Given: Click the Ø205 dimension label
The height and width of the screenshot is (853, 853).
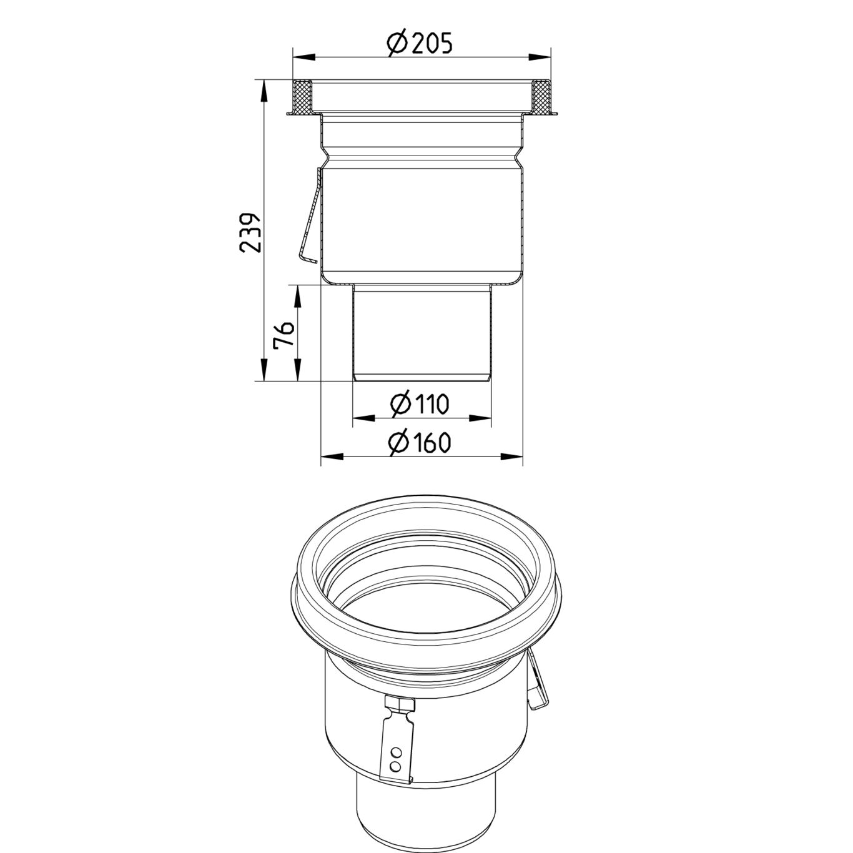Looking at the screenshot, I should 419,43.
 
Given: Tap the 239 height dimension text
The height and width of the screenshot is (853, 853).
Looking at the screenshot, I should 250,232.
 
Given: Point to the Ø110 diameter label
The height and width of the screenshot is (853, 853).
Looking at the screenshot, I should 419,404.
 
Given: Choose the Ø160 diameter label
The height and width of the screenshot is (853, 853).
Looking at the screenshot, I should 419,442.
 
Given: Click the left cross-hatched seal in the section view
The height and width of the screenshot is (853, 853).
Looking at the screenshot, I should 303,97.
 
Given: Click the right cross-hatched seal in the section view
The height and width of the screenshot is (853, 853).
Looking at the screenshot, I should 540,97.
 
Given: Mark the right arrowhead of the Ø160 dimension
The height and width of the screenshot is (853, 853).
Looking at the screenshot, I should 513,456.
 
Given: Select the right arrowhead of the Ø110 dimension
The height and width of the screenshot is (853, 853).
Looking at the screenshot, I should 481,418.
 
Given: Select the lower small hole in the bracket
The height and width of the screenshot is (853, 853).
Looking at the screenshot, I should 394,764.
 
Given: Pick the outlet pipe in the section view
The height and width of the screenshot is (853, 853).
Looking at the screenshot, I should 422,331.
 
